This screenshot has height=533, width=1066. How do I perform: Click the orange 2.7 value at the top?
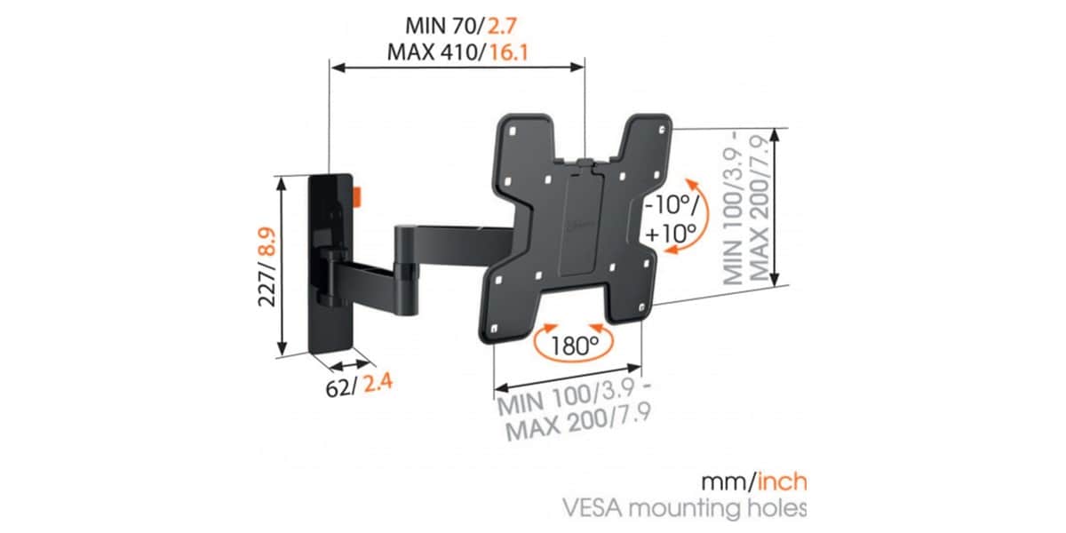point(502,25)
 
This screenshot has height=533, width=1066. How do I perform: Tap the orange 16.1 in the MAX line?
point(509,52)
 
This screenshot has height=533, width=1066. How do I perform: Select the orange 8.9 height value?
point(268,242)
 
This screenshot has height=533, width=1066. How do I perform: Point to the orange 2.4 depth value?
point(378,383)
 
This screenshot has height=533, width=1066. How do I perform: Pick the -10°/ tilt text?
point(672,205)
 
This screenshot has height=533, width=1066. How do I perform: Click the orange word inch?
point(782,482)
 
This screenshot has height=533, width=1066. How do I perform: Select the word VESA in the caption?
point(593,508)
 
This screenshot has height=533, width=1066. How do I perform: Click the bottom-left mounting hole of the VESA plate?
point(494,329)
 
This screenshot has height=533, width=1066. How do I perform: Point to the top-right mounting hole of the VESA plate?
point(662,129)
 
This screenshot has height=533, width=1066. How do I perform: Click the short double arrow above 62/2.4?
point(350,365)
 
